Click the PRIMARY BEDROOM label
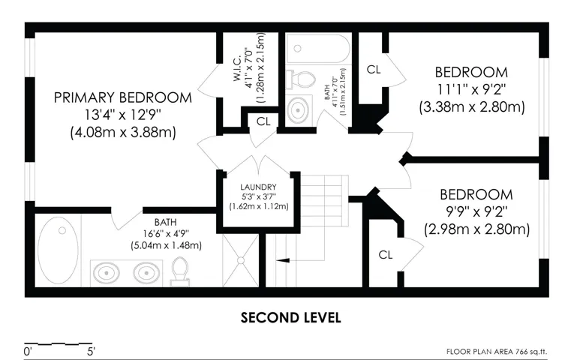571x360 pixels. click(123, 97)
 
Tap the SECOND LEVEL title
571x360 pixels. click(290, 318)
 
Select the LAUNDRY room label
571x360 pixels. click(258, 187)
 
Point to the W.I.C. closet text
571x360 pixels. click(237, 68)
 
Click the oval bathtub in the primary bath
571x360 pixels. click(59, 250)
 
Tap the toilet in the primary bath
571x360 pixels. click(180, 271)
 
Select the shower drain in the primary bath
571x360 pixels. click(241, 260)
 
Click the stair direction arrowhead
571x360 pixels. click(283, 260)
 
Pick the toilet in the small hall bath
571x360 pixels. click(300, 79)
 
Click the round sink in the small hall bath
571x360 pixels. click(299, 109)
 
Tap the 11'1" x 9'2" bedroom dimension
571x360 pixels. click(471, 89)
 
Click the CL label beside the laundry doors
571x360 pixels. click(263, 121)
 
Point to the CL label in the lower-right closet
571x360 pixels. click(385, 255)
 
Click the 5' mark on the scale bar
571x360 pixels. click(91, 352)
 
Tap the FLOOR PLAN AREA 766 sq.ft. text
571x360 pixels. click(497, 352)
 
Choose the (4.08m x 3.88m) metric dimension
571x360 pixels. click(123, 132)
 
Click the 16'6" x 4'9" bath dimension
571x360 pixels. click(166, 234)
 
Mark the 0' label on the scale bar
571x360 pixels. click(28, 352)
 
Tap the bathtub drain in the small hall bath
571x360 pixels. click(298, 49)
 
